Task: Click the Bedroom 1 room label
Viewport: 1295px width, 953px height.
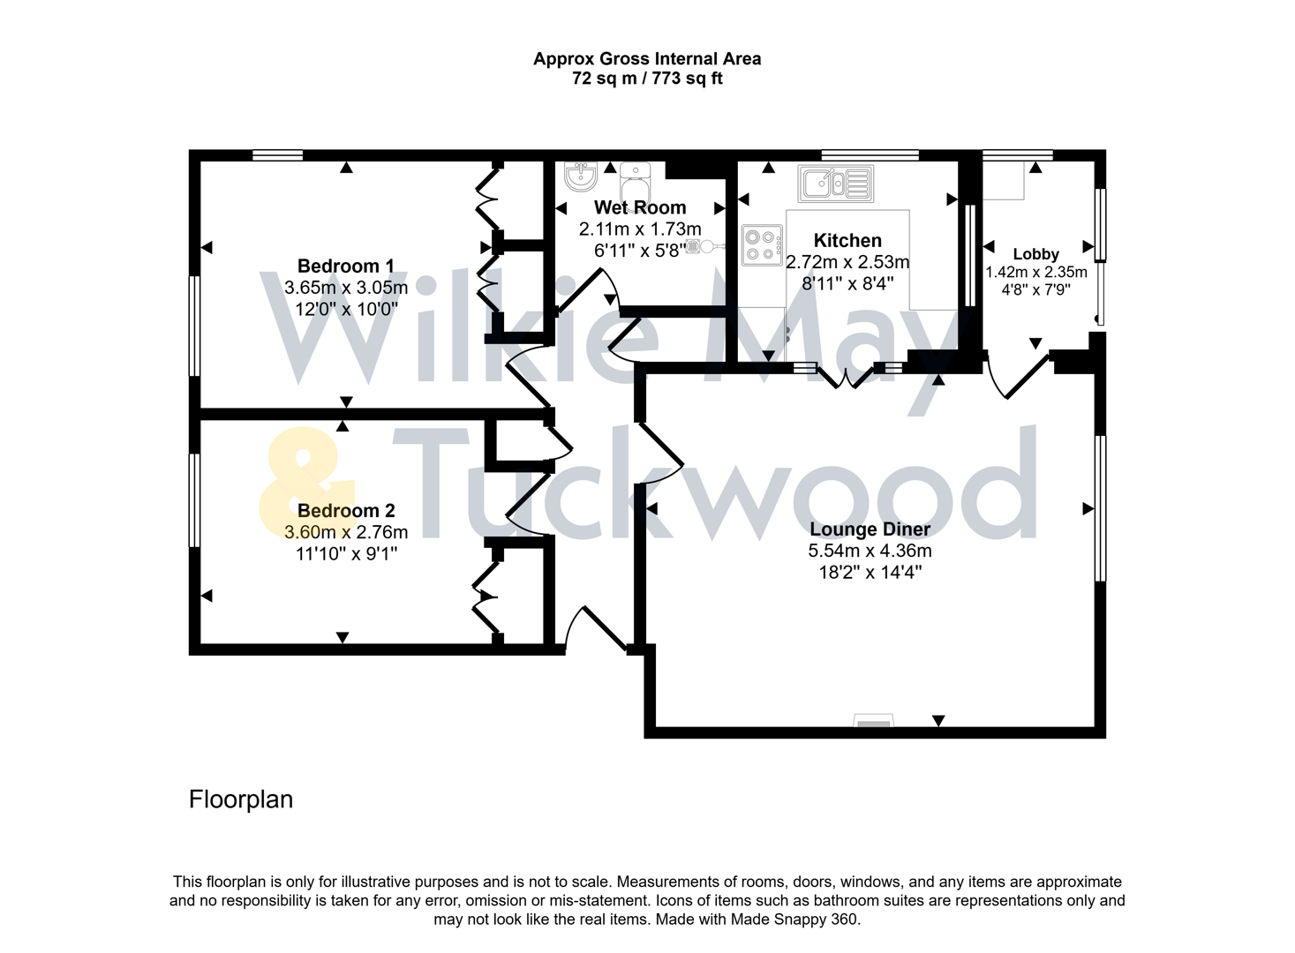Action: (345, 266)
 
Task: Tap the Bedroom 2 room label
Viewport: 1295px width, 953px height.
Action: (345, 510)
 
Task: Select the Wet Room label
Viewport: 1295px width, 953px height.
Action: (639, 207)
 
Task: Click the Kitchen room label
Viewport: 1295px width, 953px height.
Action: (847, 240)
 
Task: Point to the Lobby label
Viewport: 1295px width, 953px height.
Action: (1035, 254)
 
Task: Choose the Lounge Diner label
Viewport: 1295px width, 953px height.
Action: (870, 529)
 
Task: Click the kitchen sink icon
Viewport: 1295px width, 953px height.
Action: (835, 184)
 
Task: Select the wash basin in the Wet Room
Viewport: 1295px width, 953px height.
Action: (581, 176)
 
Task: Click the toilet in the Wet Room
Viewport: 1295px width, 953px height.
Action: (635, 181)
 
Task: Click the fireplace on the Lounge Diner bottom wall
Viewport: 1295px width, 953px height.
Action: (873, 722)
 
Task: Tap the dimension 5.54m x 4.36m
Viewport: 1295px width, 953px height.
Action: (870, 551)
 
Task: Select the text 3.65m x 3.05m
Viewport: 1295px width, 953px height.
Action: (345, 288)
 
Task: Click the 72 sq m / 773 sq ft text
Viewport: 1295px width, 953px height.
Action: (647, 79)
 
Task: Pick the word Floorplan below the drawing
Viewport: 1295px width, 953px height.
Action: (240, 799)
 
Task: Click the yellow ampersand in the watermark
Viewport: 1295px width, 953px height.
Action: (305, 484)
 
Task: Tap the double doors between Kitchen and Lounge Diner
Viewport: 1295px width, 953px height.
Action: (847, 377)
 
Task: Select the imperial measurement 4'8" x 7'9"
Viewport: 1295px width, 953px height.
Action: (1035, 289)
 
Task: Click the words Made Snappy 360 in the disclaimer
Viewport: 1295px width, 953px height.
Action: (794, 919)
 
